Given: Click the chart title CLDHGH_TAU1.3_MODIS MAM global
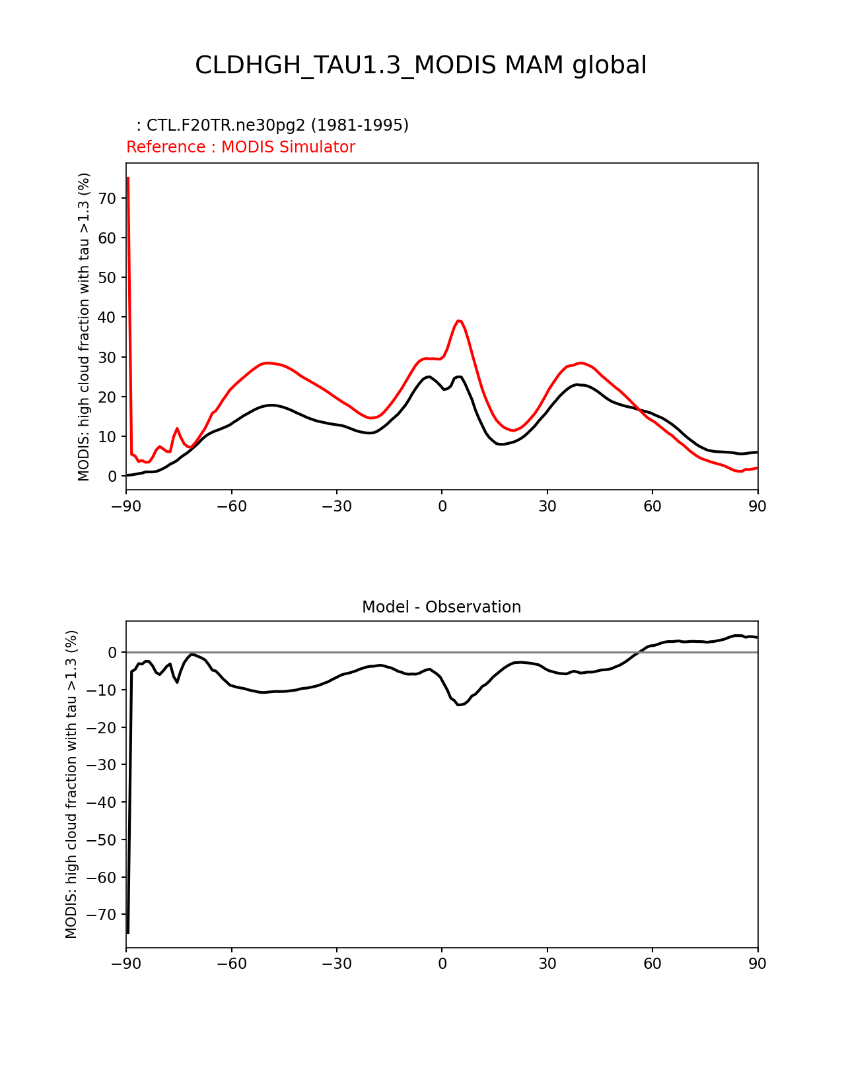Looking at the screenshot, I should point(421,65).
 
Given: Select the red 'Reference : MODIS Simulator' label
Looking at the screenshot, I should point(240,147).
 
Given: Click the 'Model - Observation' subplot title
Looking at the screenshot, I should point(441,607).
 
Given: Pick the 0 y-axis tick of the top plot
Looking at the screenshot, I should point(112,477).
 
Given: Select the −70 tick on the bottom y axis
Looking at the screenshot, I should point(104,915).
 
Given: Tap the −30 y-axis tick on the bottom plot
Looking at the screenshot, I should point(104,765).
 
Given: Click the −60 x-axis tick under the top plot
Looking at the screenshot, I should point(231,506).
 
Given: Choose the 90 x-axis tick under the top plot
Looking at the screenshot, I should point(757,506).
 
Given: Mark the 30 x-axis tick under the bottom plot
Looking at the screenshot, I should point(547,964).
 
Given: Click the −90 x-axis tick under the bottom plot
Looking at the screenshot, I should point(126,964).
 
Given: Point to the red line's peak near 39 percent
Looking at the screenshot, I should point(459,321).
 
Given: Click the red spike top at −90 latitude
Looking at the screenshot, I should point(127,178).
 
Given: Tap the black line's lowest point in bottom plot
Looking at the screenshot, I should point(127,933).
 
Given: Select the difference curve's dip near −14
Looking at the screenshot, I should point(458,705).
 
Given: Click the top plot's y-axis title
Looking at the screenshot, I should point(84,327).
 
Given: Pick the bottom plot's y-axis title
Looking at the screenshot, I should point(71,784).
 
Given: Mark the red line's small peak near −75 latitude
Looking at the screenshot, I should point(177,428).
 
